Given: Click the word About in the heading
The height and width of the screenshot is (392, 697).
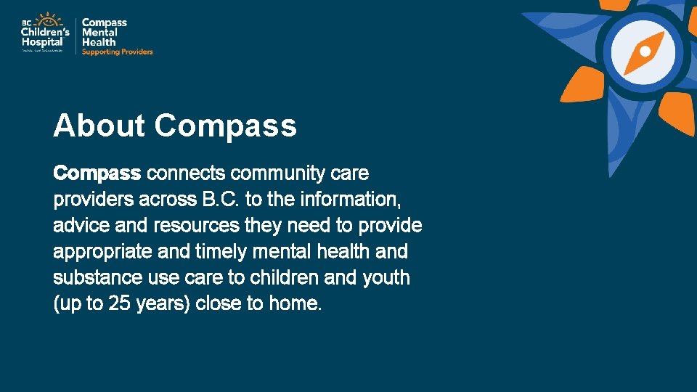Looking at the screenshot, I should (x=99, y=126).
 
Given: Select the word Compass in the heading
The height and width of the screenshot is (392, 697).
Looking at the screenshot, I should (x=226, y=126).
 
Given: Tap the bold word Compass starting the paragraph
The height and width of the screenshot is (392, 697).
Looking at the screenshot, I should (x=97, y=174).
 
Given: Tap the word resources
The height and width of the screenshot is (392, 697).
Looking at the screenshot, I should (x=196, y=226).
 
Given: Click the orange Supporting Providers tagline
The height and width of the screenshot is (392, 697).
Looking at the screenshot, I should (x=117, y=52).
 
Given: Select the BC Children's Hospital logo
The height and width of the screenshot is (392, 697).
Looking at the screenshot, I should (x=45, y=33).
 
